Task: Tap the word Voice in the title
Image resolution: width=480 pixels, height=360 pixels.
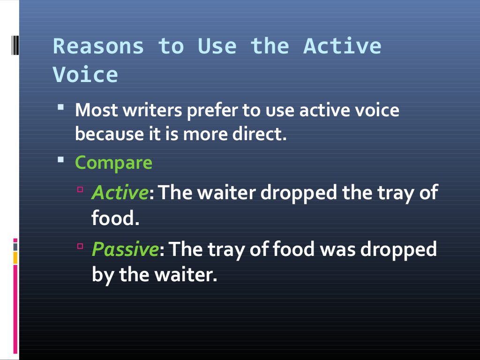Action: coord(85,75)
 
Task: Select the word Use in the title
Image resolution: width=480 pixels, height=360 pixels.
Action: coord(217,46)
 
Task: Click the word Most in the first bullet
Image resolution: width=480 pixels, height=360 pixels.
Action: coord(97,111)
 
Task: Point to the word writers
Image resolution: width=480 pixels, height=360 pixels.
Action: coord(152,111)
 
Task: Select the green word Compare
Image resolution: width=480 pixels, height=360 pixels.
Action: coord(113,163)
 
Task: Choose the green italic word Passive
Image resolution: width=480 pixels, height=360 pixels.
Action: coord(125,249)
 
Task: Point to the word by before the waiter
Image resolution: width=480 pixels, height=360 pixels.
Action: coord(103,274)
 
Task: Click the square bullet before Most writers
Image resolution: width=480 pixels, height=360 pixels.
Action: coord(61,107)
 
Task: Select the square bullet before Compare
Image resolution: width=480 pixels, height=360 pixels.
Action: coord(61,159)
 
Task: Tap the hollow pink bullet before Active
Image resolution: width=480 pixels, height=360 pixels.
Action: coord(80,189)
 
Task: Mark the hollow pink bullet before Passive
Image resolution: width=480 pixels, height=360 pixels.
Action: coord(80,246)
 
